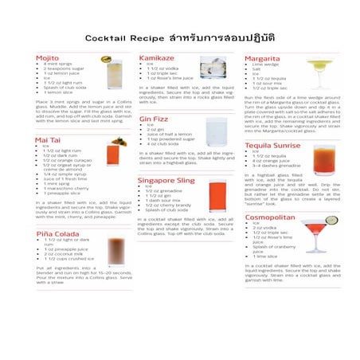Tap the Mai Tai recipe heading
point(49,139)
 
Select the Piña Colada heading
point(56,233)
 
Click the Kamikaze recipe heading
point(157,58)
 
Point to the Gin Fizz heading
point(154,119)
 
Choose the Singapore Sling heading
point(166,181)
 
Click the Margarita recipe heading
point(262,58)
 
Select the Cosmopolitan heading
point(270,217)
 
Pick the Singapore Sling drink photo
point(217,194)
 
